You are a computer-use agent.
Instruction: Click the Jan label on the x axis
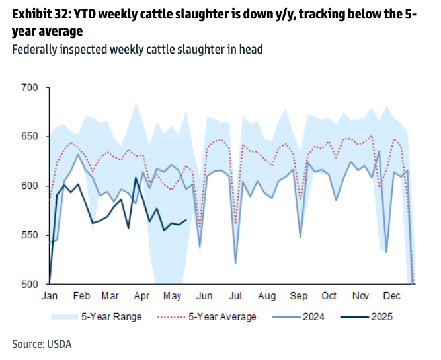pyautogui.click(x=50, y=296)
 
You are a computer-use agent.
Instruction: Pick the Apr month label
pyautogui.click(x=141, y=296)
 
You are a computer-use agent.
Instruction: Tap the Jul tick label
pyautogui.click(x=235, y=296)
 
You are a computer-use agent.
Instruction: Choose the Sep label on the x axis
pyautogui.click(x=299, y=296)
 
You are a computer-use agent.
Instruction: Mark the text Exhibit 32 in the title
pyautogui.click(x=42, y=13)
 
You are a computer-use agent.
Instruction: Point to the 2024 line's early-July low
pyautogui.click(x=235, y=264)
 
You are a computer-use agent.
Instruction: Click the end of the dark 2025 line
pyautogui.click(x=186, y=220)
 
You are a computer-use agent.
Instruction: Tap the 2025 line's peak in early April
pyautogui.click(x=136, y=178)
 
